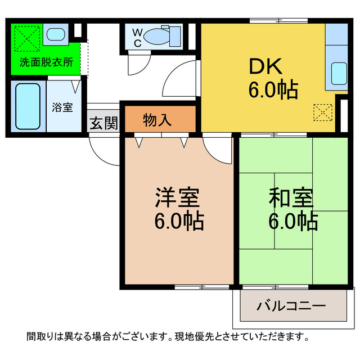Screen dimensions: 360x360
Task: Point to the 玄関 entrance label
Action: (x=103, y=123)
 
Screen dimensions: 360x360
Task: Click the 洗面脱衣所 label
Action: (x=46, y=62)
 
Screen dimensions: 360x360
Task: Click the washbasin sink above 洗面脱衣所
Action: (x=56, y=34)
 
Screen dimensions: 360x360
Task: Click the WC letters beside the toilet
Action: (x=137, y=37)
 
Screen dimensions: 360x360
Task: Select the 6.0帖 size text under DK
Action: (x=273, y=89)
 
